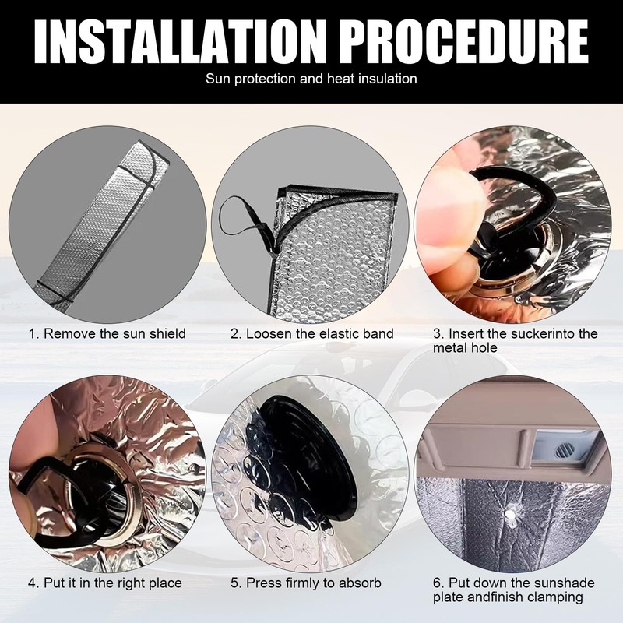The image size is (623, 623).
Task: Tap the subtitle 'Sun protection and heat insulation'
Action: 311,79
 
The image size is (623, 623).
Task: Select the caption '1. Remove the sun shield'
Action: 107,333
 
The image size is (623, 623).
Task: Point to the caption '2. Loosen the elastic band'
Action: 312,333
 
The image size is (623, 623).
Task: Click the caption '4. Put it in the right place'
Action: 105,583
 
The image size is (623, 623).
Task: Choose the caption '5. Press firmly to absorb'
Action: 306,583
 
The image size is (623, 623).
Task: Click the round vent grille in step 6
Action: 563,451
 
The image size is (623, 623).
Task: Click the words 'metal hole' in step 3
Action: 465,347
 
